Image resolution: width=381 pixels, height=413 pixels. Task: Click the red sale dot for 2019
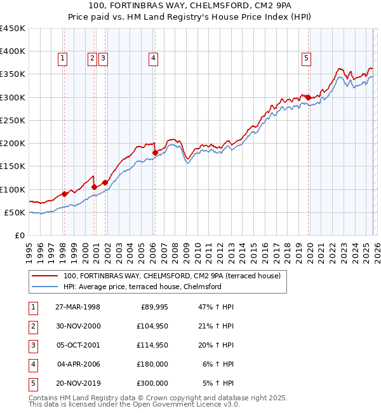tap(308, 97)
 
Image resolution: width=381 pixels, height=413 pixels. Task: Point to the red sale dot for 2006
tap(155, 152)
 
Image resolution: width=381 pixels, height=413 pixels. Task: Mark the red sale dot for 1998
tap(65, 194)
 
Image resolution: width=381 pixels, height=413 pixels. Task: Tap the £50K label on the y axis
tap(15, 212)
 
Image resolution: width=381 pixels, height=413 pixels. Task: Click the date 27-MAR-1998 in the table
tap(78, 307)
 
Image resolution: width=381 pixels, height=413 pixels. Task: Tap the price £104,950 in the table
tap(151, 326)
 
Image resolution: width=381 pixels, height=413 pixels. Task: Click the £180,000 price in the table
tap(151, 364)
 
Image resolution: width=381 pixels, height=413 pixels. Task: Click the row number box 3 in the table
tap(32, 345)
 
